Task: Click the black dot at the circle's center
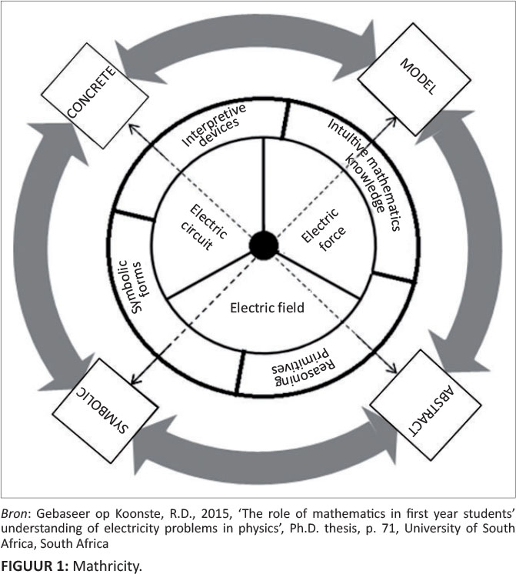[264, 246]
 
